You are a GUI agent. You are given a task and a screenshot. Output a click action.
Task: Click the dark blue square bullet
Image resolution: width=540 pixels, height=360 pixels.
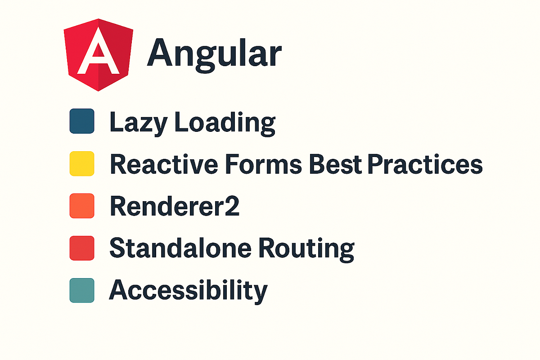point(82,121)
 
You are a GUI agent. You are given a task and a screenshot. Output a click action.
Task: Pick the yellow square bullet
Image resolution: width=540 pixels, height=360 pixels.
point(82,163)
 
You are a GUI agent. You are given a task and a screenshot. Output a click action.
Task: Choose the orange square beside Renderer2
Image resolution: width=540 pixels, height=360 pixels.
point(82,206)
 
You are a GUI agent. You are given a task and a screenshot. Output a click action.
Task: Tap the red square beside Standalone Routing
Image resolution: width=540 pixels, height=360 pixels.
point(82,248)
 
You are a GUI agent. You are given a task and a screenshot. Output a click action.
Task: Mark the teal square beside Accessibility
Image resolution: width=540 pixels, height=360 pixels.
point(82,290)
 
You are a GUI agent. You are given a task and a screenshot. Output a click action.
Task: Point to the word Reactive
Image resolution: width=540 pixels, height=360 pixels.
point(160,164)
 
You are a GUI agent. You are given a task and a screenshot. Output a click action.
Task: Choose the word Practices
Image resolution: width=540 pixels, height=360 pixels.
point(425,164)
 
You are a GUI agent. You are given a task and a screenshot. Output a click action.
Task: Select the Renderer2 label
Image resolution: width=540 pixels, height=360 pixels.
point(175,207)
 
